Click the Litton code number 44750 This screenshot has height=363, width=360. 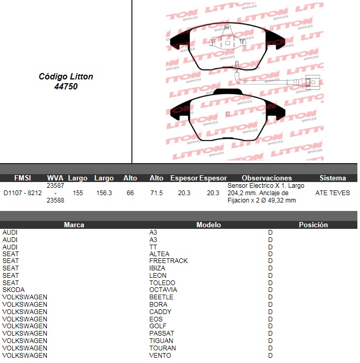click(66, 86)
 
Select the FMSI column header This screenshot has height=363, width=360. click(23, 178)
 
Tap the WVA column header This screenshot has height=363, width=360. click(55, 178)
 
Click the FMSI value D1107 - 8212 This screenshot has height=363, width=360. click(23, 193)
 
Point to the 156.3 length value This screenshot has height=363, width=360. click(104, 193)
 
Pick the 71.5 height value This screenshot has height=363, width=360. click(157, 193)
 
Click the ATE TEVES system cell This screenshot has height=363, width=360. click(333, 193)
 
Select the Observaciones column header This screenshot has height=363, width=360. click(267, 178)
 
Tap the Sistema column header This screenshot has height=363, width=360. click(333, 178)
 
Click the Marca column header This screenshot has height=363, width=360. click(74, 225)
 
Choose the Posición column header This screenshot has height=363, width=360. click(313, 225)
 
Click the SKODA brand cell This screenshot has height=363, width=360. click(14, 290)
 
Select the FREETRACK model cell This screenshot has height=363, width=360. click(169, 260)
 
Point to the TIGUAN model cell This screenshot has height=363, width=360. click(161, 340)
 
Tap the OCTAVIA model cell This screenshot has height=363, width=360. click(163, 290)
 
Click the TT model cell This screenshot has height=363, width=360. click(153, 247)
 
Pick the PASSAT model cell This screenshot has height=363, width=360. click(162, 333)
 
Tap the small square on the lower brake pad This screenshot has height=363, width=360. click(228, 114)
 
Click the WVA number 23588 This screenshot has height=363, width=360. click(56, 200)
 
